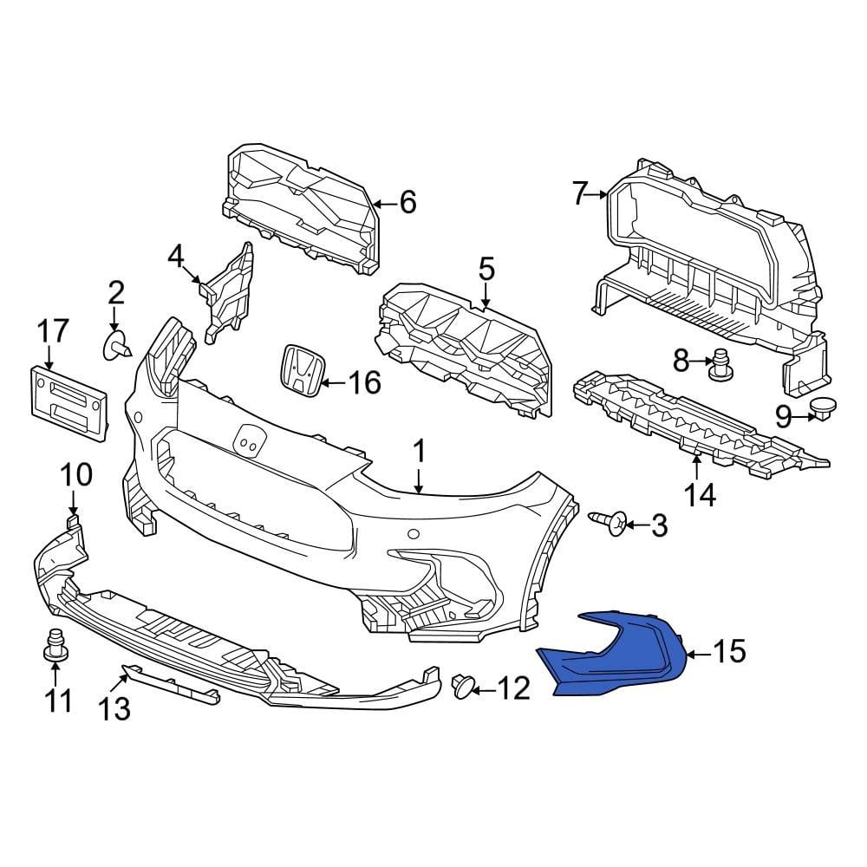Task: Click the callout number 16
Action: click(x=363, y=381)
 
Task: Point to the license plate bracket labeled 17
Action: click(x=69, y=401)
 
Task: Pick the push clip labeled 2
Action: click(x=116, y=345)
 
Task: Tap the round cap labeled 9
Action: click(x=821, y=407)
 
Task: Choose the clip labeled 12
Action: click(x=464, y=688)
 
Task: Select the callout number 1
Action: click(x=419, y=451)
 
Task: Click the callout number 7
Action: click(x=580, y=194)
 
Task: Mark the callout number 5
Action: click(x=486, y=269)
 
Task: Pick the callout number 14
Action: click(x=700, y=494)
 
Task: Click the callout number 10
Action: click(x=75, y=474)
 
